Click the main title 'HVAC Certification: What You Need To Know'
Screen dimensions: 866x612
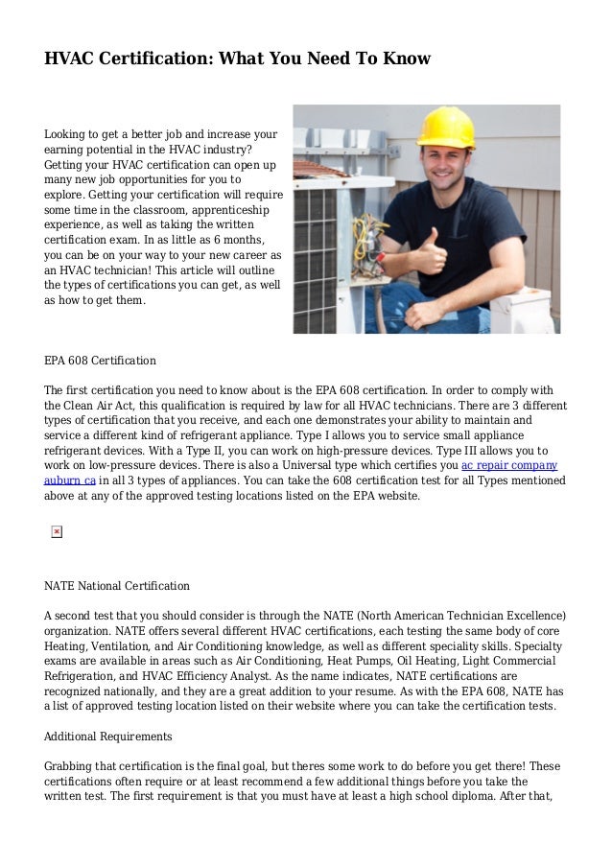(238, 59)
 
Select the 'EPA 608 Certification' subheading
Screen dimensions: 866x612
(100, 362)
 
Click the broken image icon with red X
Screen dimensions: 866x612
(57, 531)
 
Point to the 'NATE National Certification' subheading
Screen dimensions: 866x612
(117, 585)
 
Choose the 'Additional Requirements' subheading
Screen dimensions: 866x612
(107, 737)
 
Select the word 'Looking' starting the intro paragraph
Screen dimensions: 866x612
(67, 134)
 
